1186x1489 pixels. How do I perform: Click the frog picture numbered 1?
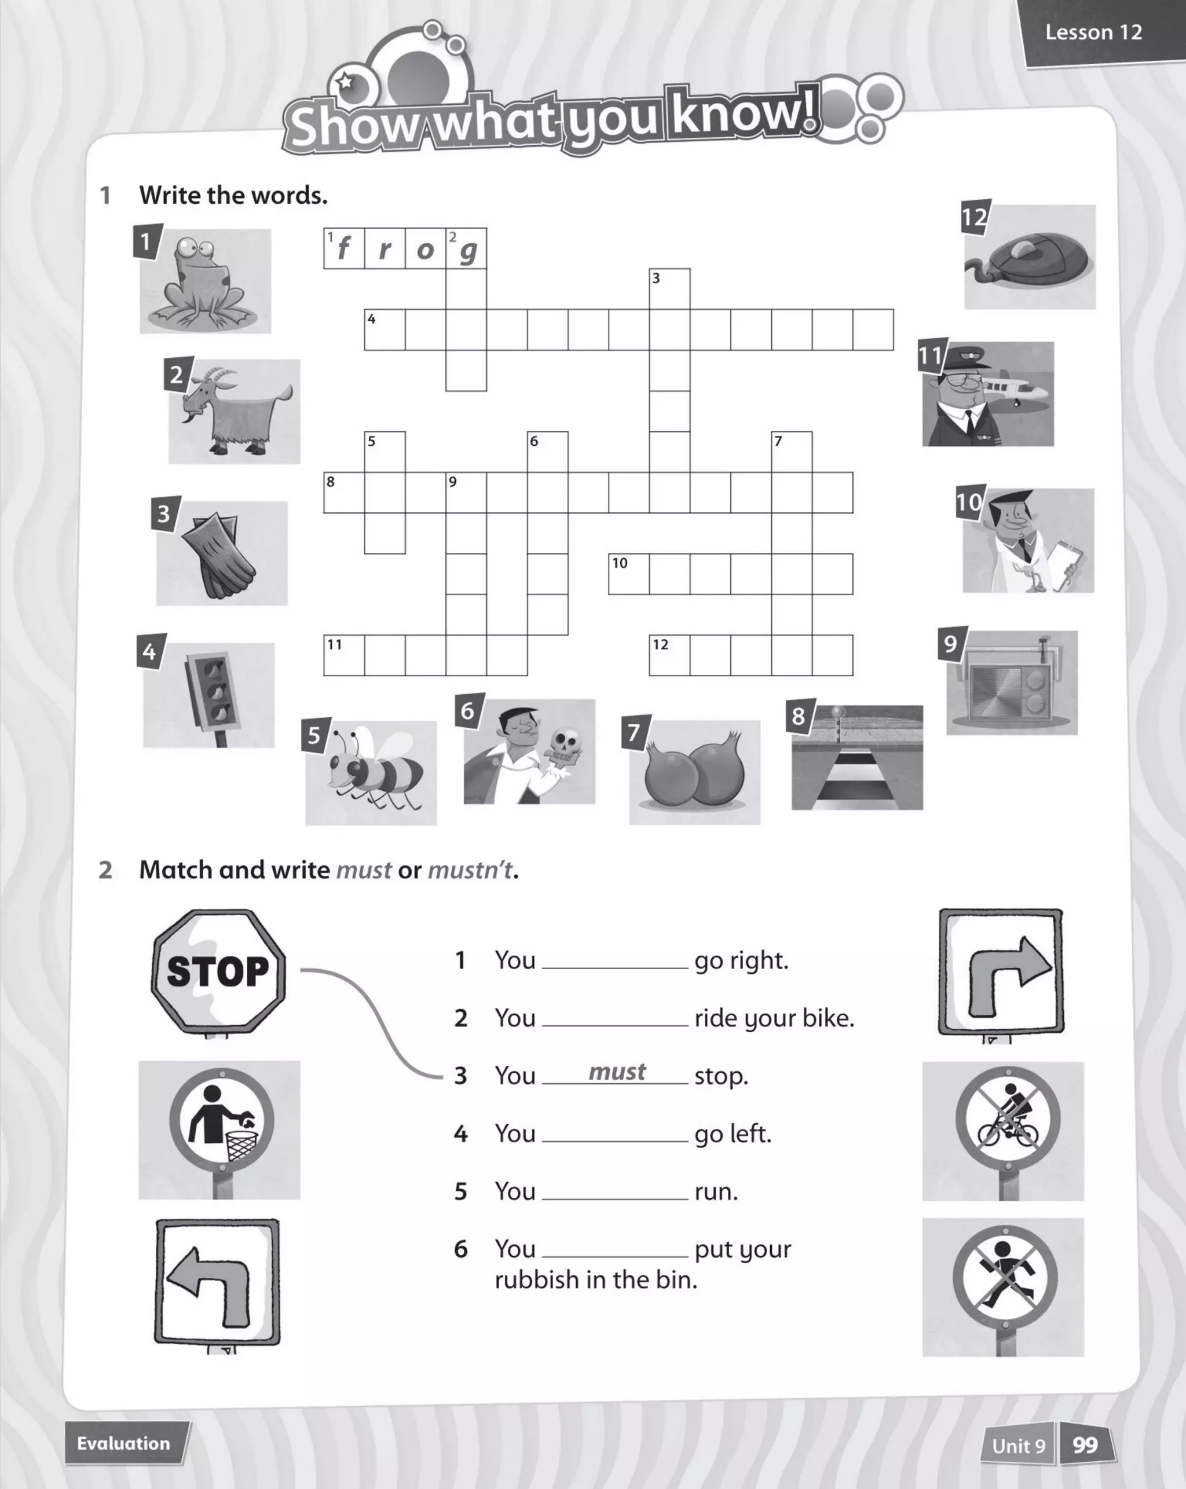click(x=205, y=282)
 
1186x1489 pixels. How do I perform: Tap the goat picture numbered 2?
click(x=234, y=412)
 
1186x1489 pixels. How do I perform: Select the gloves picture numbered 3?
click(x=222, y=554)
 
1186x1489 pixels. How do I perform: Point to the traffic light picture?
click(x=208, y=695)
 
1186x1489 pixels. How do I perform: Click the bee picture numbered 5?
click(x=371, y=773)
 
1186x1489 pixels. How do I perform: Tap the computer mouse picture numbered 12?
click(x=1030, y=257)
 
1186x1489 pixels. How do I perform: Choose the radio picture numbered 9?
click(x=1011, y=683)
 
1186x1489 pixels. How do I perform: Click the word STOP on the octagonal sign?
click(x=218, y=971)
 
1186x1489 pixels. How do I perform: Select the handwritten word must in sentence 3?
click(x=617, y=1072)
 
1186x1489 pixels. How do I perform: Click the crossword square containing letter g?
click(x=466, y=248)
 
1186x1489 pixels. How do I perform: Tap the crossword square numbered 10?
click(x=628, y=574)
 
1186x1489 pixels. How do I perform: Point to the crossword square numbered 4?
click(x=385, y=330)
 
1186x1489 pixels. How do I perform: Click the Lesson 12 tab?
click(x=1093, y=32)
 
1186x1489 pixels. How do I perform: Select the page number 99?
click(x=1085, y=1445)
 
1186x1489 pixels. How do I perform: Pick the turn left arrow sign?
click(x=218, y=1281)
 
